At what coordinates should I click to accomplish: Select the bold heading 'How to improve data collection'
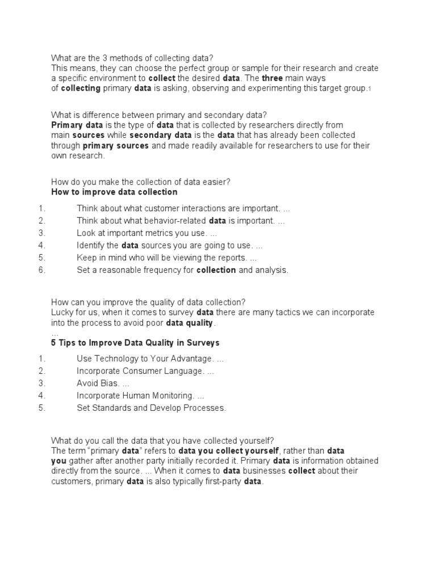click(114, 192)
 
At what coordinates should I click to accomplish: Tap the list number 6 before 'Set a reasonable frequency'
click(41, 270)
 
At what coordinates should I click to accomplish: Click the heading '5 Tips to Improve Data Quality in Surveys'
click(135, 343)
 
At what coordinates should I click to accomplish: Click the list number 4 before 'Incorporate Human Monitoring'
click(41, 395)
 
